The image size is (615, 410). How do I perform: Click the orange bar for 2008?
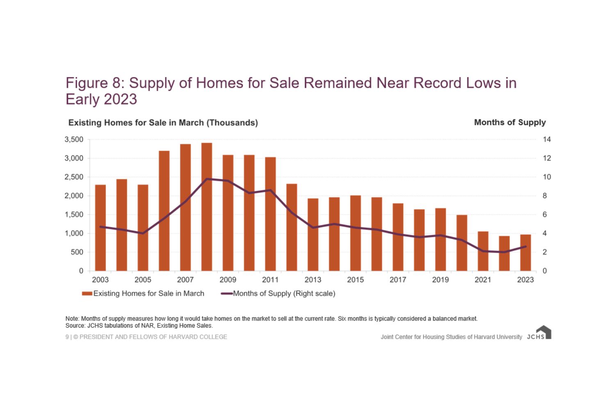pos(207,207)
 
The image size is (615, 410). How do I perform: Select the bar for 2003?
pos(100,228)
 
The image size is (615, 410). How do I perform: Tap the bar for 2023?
pos(526,253)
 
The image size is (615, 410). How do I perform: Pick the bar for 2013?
pos(313,235)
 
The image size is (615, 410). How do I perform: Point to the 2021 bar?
pos(483,251)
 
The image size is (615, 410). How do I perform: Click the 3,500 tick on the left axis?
pos(74,139)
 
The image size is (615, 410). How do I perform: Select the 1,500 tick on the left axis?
pos(74,214)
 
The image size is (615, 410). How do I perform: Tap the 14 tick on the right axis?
pos(547,139)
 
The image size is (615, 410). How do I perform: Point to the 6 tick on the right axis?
pos(545,214)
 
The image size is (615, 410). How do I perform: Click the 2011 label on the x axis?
pos(270,280)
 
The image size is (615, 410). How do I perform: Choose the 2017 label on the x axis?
pos(398,280)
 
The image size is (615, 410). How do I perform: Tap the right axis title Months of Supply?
pos(510,122)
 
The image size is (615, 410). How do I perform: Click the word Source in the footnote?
pos(75,326)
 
